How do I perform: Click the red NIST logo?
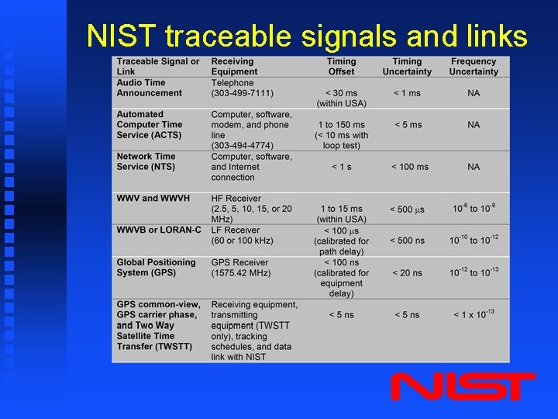(x=463, y=386)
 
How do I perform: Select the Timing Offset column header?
(x=341, y=67)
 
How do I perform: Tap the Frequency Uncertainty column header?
(x=473, y=67)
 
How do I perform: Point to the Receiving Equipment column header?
(x=232, y=67)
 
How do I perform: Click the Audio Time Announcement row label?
(x=149, y=88)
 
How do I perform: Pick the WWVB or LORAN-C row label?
(x=158, y=230)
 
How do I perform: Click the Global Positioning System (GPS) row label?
(x=156, y=268)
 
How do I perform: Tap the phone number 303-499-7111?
(x=243, y=93)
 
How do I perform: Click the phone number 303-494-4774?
(x=243, y=145)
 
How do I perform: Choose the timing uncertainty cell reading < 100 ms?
(x=409, y=167)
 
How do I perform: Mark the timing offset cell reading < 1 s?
(x=341, y=167)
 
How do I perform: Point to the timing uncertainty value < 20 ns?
(x=407, y=272)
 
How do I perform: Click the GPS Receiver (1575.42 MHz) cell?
(x=240, y=268)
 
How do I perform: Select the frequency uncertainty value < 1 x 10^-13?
(x=474, y=314)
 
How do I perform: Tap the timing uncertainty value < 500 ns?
(x=407, y=241)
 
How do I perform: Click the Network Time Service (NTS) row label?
(x=146, y=161)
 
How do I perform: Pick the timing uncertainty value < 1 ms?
(x=407, y=93)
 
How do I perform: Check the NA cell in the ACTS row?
(x=474, y=125)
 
